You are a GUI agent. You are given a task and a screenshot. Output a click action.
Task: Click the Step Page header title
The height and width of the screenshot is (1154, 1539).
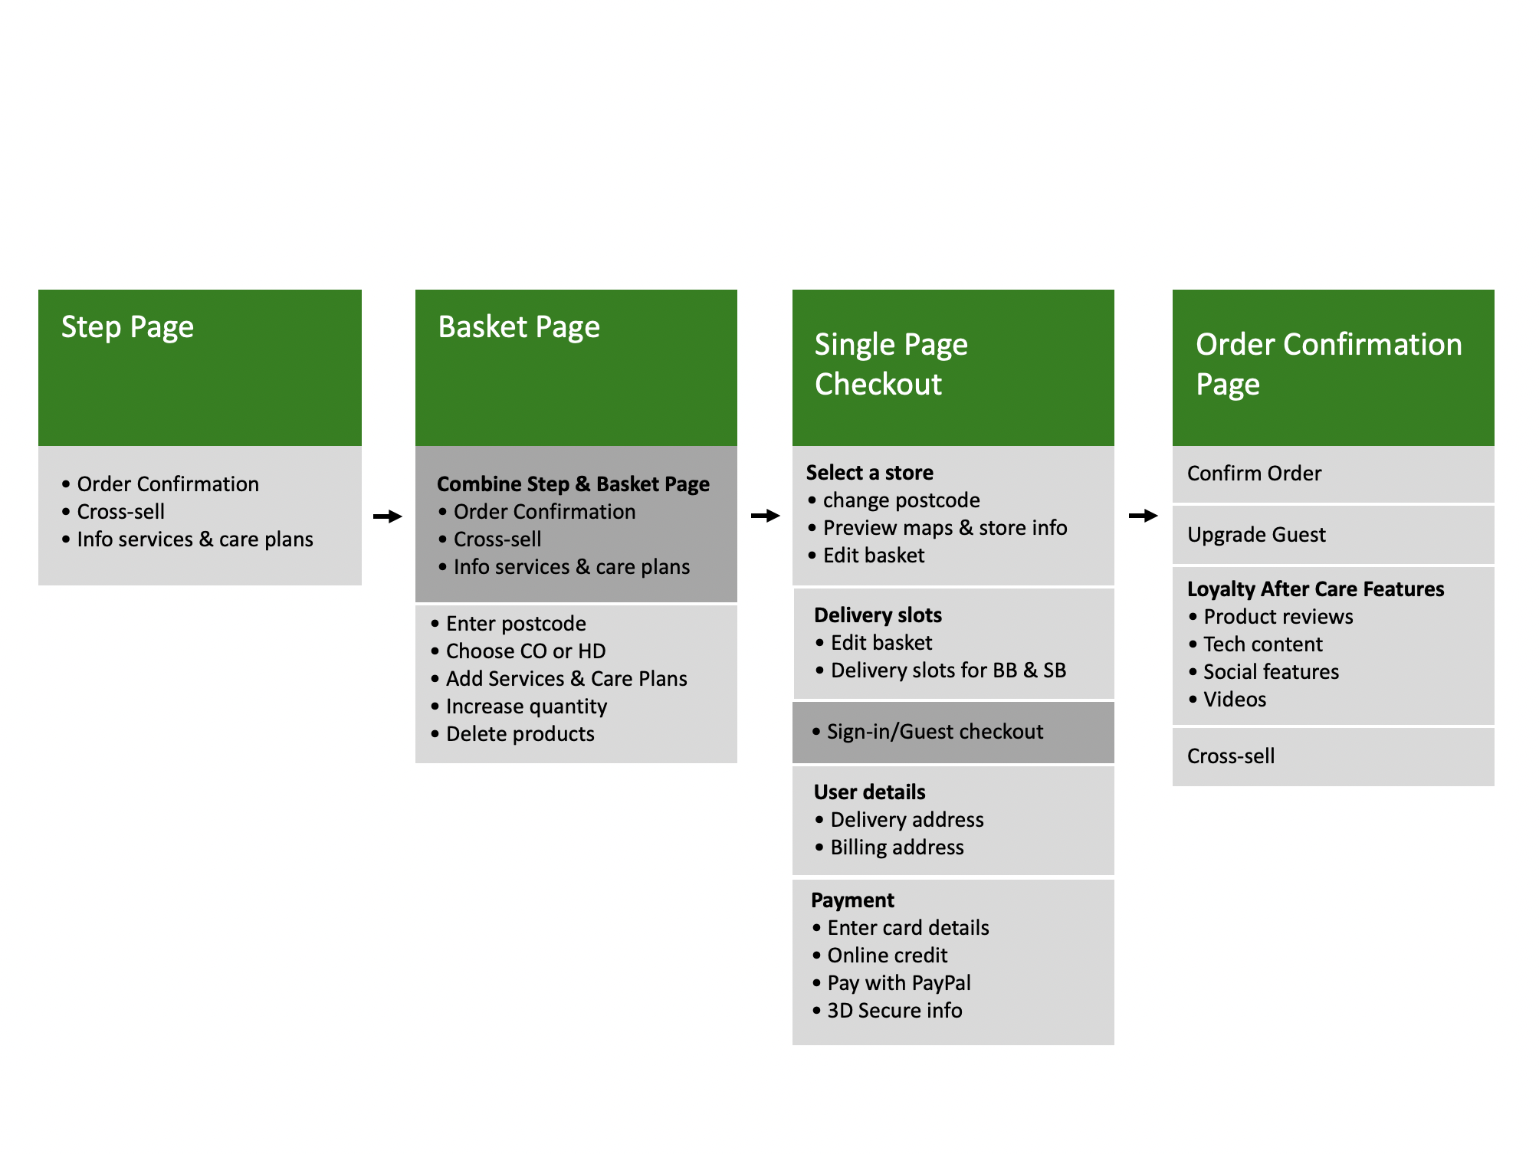pyautogui.click(x=127, y=327)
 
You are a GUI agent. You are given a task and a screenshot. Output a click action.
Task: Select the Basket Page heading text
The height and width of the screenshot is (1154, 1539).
pyautogui.click(x=519, y=327)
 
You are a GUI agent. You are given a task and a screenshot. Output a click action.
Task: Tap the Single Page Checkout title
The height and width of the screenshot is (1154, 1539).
pyautogui.click(x=891, y=364)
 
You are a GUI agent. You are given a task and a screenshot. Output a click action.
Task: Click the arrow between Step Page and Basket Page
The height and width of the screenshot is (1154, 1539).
pyautogui.click(x=388, y=516)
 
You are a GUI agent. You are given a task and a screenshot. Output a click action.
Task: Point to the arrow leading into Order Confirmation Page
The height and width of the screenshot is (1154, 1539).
pyautogui.click(x=1144, y=516)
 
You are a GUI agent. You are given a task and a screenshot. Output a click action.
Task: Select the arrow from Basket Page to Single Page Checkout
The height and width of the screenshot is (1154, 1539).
pyautogui.click(x=766, y=516)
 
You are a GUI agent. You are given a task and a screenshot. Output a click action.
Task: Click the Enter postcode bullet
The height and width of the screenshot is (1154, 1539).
pyautogui.click(x=509, y=624)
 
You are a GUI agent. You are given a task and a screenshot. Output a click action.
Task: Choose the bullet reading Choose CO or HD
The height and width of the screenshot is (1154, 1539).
pyautogui.click(x=519, y=651)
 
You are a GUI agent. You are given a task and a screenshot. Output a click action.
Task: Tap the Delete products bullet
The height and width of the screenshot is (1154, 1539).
pyautogui.click(x=513, y=734)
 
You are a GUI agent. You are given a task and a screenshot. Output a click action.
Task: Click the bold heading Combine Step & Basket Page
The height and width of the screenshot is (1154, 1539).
pyautogui.click(x=573, y=484)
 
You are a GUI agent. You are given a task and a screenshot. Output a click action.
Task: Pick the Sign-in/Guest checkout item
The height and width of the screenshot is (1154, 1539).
pyautogui.click(x=927, y=732)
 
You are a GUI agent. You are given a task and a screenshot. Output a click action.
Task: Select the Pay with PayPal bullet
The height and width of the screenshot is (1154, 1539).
pyautogui.click(x=892, y=983)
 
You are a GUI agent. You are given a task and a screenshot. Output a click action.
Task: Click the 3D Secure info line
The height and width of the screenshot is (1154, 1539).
pyautogui.click(x=888, y=1011)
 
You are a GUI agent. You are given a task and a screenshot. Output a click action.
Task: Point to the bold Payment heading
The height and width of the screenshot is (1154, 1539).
pyautogui.click(x=852, y=900)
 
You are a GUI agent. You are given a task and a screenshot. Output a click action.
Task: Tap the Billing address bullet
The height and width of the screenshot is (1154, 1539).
pyautogui.click(x=890, y=847)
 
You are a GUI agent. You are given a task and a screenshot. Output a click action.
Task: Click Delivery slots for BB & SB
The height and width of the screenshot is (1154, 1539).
pyautogui.click(x=941, y=670)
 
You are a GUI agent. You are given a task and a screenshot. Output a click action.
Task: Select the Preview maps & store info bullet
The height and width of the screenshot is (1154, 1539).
pyautogui.click(x=938, y=528)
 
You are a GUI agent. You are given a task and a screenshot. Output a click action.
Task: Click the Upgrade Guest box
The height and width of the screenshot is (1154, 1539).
pyautogui.click(x=1334, y=535)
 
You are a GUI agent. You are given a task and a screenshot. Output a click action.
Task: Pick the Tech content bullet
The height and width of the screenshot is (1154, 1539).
pyautogui.click(x=1256, y=644)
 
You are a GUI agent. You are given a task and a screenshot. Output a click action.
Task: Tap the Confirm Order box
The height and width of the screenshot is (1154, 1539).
pyautogui.click(x=1334, y=474)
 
